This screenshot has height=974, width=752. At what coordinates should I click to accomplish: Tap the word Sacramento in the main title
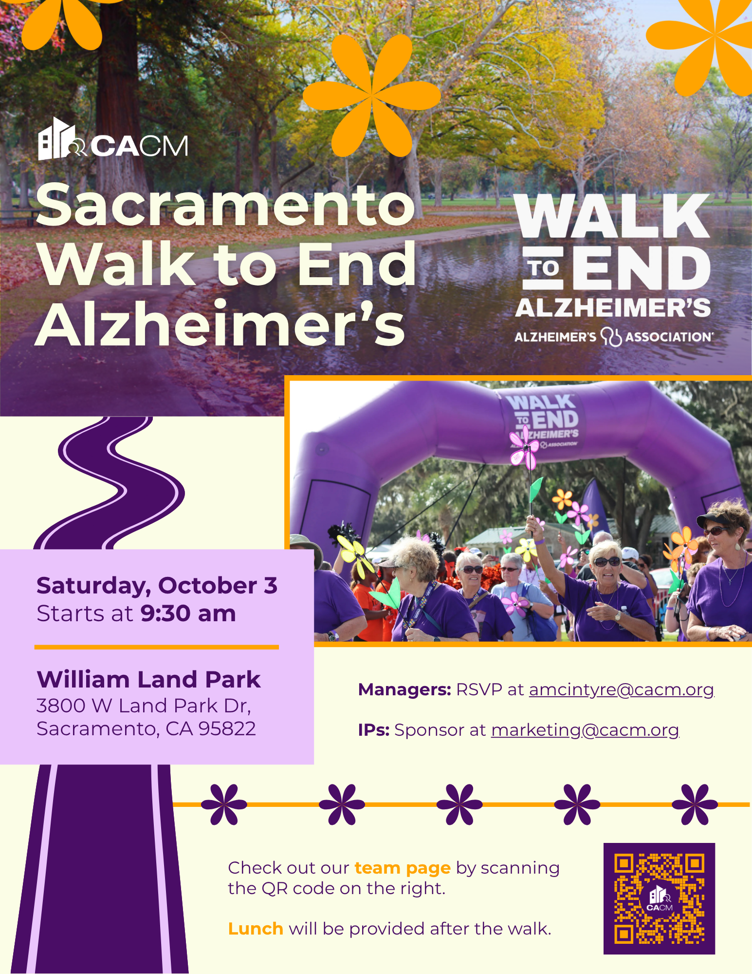pos(225,205)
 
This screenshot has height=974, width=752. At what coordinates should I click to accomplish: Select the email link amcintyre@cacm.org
pos(622,690)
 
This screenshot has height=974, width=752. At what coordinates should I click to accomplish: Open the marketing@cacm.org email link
pos(585,730)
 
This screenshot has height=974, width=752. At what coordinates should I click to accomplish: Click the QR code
pos(659,898)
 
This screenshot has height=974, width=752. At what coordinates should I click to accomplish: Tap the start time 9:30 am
pos(188,613)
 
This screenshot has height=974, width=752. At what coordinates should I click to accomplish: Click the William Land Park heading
pos(148,679)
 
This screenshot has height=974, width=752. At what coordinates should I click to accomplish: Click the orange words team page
pos(403,868)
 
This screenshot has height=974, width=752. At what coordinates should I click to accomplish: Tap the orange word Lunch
pos(256,929)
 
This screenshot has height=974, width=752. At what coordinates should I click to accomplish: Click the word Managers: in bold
pos(405,690)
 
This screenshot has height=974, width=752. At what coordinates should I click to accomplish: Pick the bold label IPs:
pos(374,730)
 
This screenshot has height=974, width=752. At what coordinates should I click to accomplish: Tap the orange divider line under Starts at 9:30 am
pos(157,647)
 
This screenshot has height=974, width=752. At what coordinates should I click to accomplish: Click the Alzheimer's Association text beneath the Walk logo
pos(614,337)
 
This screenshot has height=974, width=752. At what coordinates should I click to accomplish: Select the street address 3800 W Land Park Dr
pos(144,706)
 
